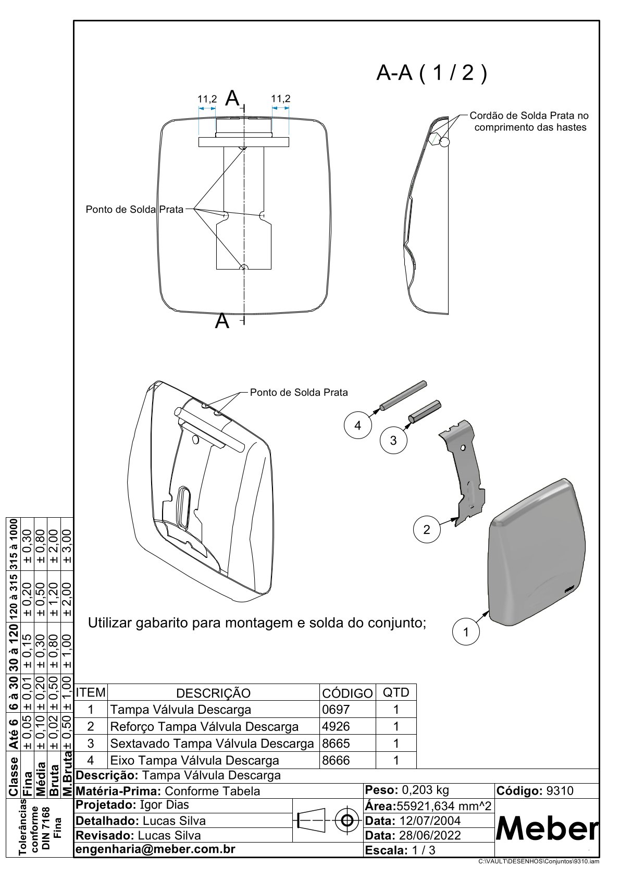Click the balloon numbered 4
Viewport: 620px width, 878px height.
point(357,425)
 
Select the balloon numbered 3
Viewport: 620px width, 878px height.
point(393,441)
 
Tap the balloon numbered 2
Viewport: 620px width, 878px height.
point(427,530)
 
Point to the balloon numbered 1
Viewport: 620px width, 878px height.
point(466,632)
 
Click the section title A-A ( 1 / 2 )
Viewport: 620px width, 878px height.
point(432,74)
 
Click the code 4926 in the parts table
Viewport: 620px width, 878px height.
point(337,726)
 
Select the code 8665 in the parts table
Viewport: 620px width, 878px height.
point(337,743)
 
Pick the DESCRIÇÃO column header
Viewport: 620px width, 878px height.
point(213,693)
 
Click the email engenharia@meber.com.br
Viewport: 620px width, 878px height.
point(156,849)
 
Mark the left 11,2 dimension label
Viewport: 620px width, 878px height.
point(207,99)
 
